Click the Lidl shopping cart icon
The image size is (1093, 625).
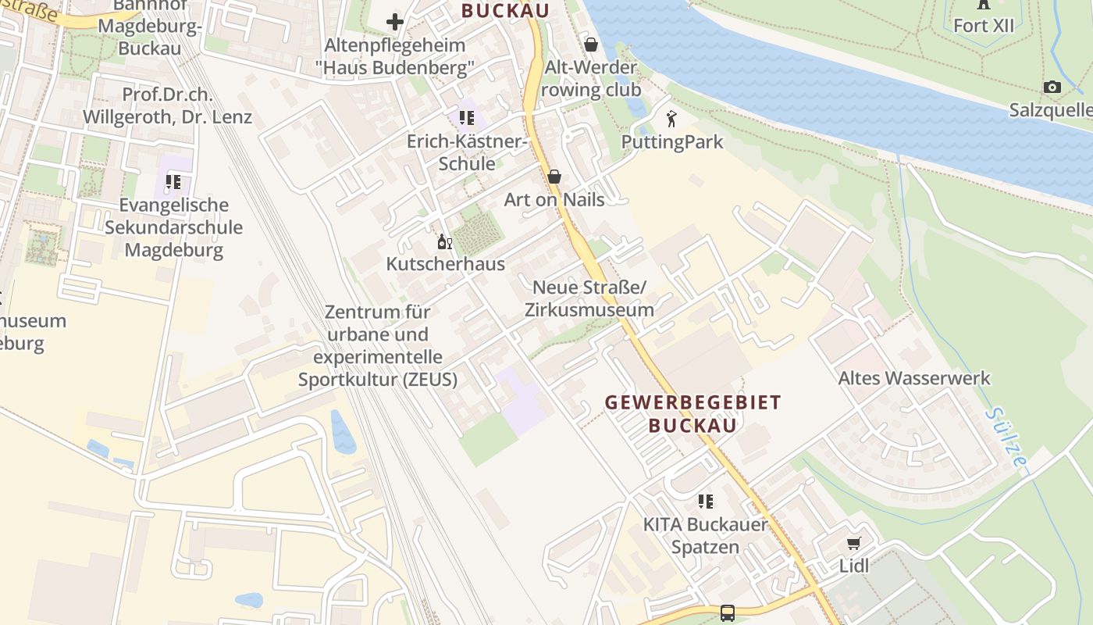tap(853, 543)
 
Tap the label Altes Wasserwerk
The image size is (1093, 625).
tap(913, 378)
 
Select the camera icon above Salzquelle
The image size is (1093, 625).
tap(1052, 87)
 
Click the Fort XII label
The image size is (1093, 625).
tap(983, 25)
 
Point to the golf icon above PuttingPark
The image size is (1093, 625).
tap(671, 119)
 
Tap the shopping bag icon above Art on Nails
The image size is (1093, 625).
tap(554, 177)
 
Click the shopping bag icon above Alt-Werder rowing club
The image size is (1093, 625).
tap(591, 45)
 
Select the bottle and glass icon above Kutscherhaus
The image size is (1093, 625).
tap(445, 241)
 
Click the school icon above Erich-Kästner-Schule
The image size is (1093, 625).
tap(466, 118)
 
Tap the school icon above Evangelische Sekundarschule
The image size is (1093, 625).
tap(173, 182)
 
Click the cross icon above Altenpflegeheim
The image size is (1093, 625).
tap(395, 22)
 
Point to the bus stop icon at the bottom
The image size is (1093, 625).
tap(728, 612)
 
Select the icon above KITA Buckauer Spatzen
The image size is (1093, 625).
tap(706, 501)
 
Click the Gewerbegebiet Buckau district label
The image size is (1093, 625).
tap(693, 414)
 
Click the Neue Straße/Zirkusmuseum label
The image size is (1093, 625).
tap(589, 298)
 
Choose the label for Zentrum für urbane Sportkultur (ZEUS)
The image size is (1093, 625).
tap(378, 345)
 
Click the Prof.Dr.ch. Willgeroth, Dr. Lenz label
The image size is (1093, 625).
tap(167, 106)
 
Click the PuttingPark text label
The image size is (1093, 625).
tap(671, 142)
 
